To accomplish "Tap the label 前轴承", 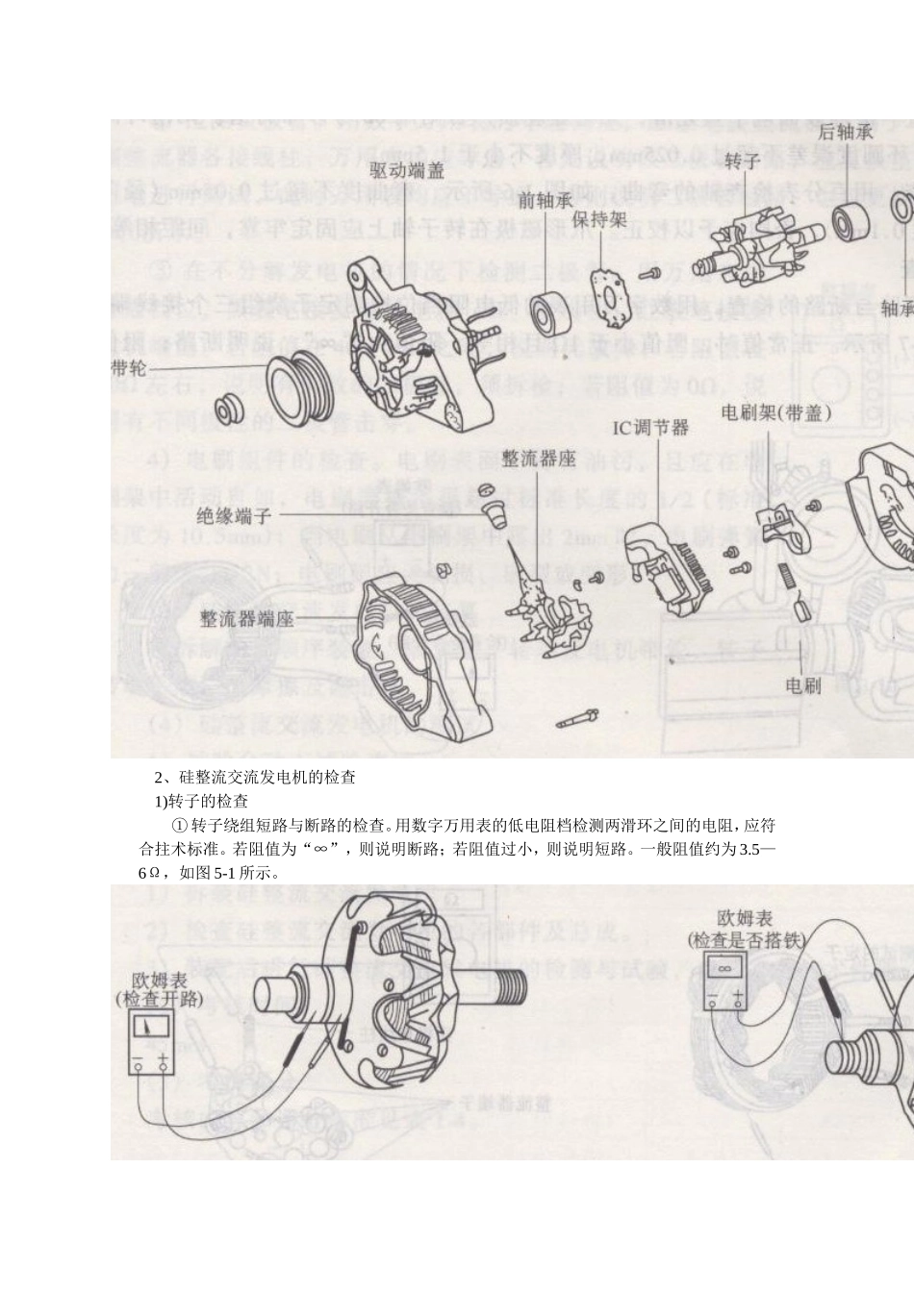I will [546, 201].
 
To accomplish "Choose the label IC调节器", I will [650, 427].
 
